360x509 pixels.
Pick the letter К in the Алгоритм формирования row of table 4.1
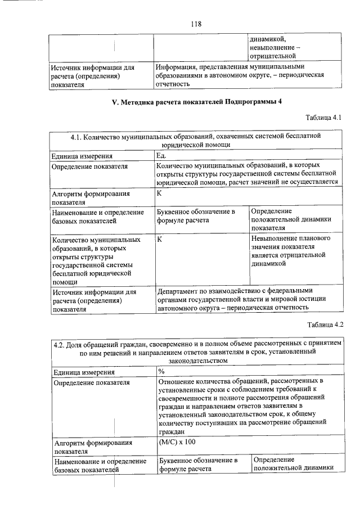click(160, 193)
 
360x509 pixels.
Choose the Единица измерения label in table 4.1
click(82, 156)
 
